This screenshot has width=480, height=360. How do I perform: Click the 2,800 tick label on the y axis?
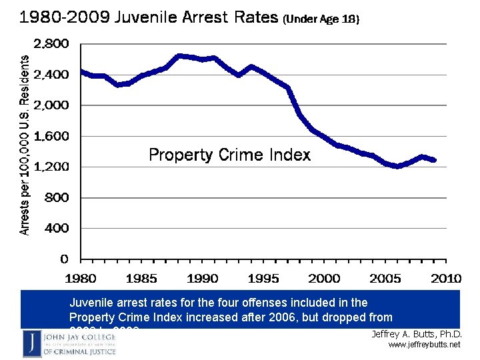tap(51, 44)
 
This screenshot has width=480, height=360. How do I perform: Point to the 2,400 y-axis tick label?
tap(51, 75)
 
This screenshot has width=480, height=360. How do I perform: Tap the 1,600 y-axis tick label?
tap(51, 136)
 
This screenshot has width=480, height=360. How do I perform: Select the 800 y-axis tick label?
tap(56, 197)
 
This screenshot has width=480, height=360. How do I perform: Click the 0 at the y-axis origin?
tap(64, 259)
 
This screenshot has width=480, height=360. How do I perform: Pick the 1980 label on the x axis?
tap(80, 278)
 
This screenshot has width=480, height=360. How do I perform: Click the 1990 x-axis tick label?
tap(203, 278)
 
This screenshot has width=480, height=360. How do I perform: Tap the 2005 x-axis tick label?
tap(385, 278)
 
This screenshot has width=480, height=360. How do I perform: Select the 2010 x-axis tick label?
tap(446, 278)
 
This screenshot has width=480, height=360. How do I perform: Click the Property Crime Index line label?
tap(229, 155)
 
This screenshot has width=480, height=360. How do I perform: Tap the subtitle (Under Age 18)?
tap(321, 20)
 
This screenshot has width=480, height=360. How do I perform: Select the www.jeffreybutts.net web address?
tap(424, 345)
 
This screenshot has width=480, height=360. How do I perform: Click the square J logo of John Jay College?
tap(31, 343)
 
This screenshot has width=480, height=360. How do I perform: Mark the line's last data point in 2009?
tap(434, 160)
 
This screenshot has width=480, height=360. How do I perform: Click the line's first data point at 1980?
tap(81, 71)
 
